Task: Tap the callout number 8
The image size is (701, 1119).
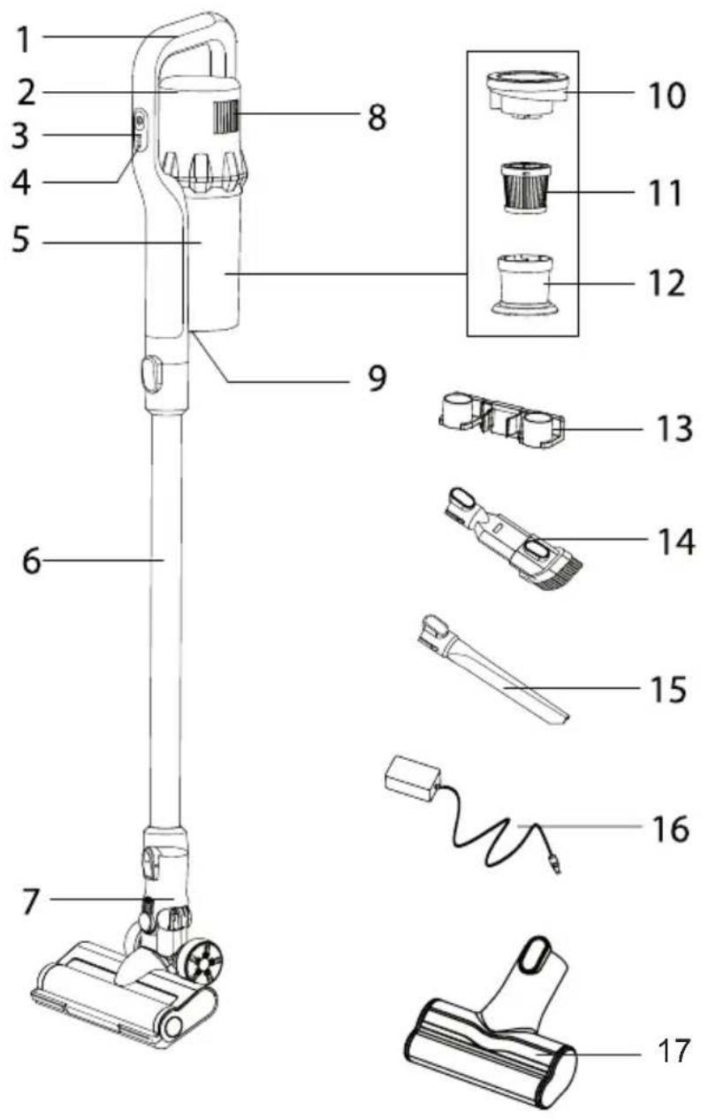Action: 377,118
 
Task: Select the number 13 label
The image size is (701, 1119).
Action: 674,428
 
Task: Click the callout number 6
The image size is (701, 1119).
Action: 32,561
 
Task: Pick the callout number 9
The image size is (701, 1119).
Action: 377,379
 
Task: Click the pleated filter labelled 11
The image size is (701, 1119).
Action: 523,188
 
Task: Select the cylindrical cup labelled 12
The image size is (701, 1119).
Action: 524,285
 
